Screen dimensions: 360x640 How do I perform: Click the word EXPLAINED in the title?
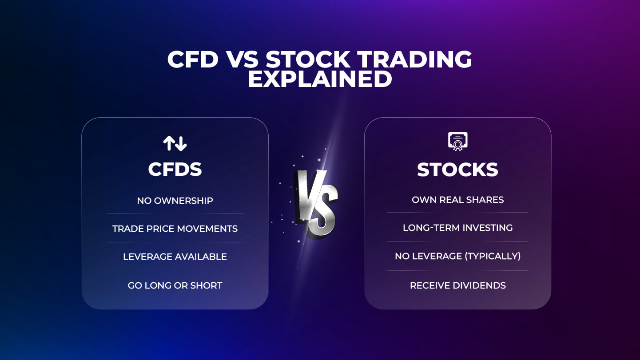coord(320,79)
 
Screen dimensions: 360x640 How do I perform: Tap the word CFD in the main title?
coord(193,59)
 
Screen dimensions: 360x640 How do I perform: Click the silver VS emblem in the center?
coord(316,202)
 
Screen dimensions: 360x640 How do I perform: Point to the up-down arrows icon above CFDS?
coord(175,143)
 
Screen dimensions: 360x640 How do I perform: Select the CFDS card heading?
coord(175,169)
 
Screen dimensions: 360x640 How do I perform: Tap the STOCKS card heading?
coord(457,170)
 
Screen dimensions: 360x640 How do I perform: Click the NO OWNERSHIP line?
coord(175,201)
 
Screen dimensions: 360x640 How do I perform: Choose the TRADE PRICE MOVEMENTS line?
coord(175,229)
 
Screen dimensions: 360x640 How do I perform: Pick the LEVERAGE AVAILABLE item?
coord(175,257)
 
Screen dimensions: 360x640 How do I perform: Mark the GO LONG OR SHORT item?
coord(175,285)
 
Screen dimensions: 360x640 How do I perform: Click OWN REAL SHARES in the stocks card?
coord(457,200)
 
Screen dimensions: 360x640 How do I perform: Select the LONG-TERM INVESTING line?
coord(457,228)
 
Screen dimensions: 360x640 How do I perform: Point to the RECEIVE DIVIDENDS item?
coord(457,285)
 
